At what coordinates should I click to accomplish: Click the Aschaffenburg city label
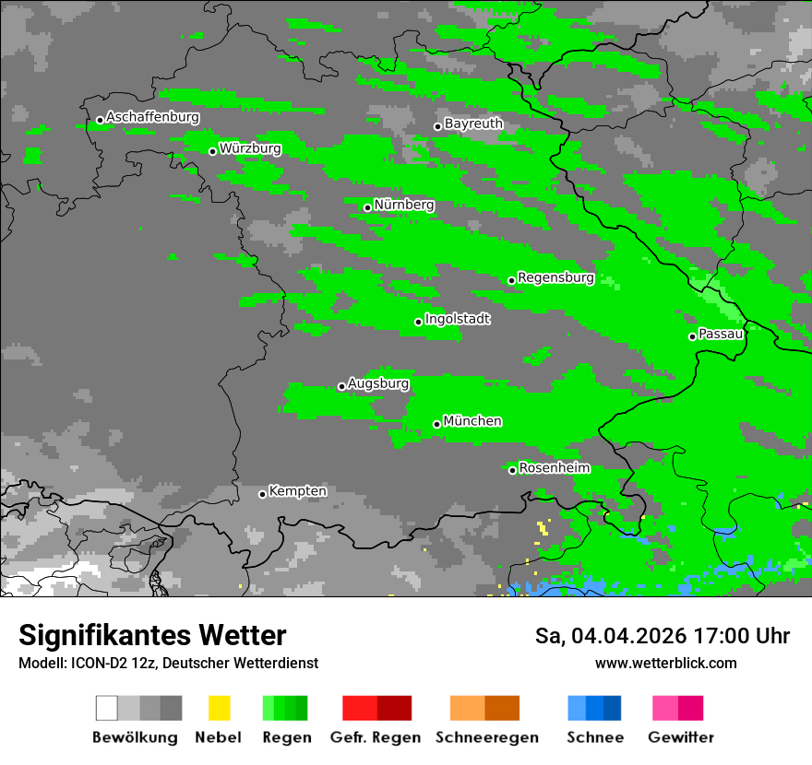152,117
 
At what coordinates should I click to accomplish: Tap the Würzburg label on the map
250,148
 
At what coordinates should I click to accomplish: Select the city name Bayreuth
473,124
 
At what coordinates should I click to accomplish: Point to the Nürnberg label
404,205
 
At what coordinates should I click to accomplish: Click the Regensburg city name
555,277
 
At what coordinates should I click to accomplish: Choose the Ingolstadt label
458,319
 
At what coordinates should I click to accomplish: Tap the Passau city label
721,334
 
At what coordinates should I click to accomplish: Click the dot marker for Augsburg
341,386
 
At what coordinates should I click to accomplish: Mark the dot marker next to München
436,424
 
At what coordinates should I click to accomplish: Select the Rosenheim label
555,467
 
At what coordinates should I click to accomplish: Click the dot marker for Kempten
262,494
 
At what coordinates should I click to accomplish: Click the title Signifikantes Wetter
152,636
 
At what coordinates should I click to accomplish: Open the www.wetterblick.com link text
665,663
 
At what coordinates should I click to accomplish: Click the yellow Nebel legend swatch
219,708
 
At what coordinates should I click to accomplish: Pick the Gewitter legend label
681,737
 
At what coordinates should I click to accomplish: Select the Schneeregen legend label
486,737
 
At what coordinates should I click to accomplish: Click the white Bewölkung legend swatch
107,708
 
